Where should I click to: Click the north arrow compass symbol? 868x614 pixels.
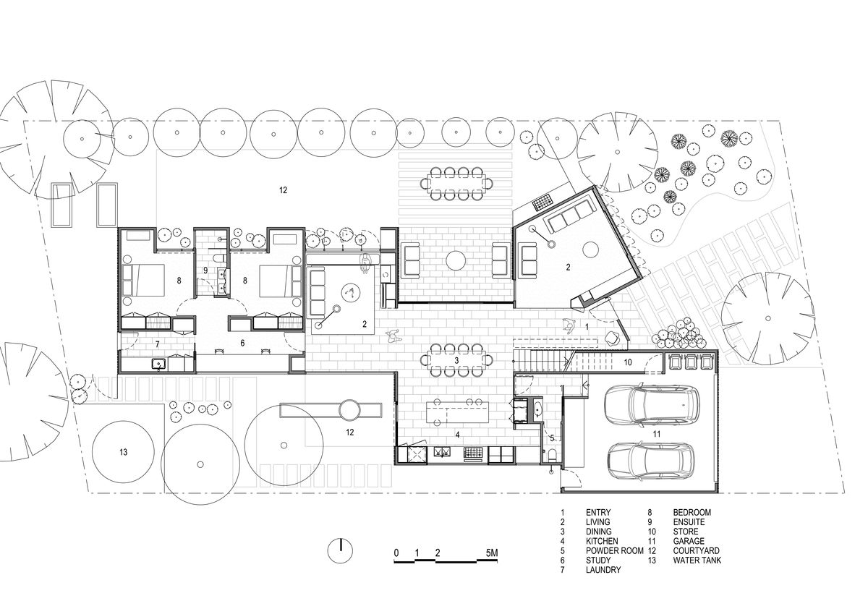[x=340, y=550]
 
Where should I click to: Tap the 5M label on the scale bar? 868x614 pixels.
[x=491, y=553]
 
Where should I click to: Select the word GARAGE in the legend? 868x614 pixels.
[x=689, y=541]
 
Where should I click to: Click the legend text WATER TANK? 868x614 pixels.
[x=697, y=560]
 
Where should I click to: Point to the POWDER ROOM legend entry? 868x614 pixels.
[x=615, y=550]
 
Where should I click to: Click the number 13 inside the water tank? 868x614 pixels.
[x=123, y=452]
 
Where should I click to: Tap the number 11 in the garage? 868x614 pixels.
[x=656, y=434]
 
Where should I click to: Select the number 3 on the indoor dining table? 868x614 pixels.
[x=456, y=361]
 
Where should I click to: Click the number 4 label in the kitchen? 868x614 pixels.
[x=457, y=435]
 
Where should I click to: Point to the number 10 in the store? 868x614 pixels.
[x=628, y=362]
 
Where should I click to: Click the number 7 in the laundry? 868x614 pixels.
[x=158, y=344]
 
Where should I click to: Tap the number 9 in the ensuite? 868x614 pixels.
[x=205, y=270]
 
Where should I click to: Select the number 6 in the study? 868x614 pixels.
[x=242, y=343]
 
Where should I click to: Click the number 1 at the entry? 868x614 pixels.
[x=587, y=328]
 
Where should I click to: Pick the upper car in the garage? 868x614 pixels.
[x=652, y=404]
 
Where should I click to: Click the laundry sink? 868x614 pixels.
[x=159, y=364]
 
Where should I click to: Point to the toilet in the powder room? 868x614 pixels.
[x=552, y=455]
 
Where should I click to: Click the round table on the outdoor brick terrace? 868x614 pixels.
[x=455, y=260]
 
